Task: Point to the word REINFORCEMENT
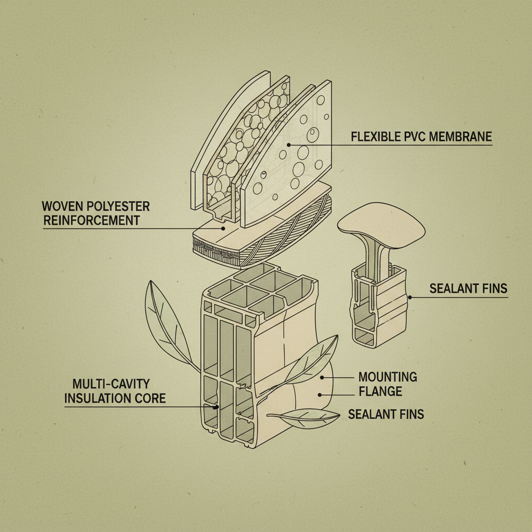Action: coord(91,220)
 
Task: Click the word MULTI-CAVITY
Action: coord(111,384)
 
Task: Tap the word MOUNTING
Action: coord(388,377)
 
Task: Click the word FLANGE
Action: coord(380,391)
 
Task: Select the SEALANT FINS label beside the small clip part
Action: coord(468,288)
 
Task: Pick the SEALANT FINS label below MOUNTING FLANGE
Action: coord(386,414)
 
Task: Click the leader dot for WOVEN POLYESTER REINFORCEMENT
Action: coord(223,228)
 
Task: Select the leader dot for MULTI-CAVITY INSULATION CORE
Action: coord(215,407)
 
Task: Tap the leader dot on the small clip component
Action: coord(410,298)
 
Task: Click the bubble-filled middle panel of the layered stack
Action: coord(239,145)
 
